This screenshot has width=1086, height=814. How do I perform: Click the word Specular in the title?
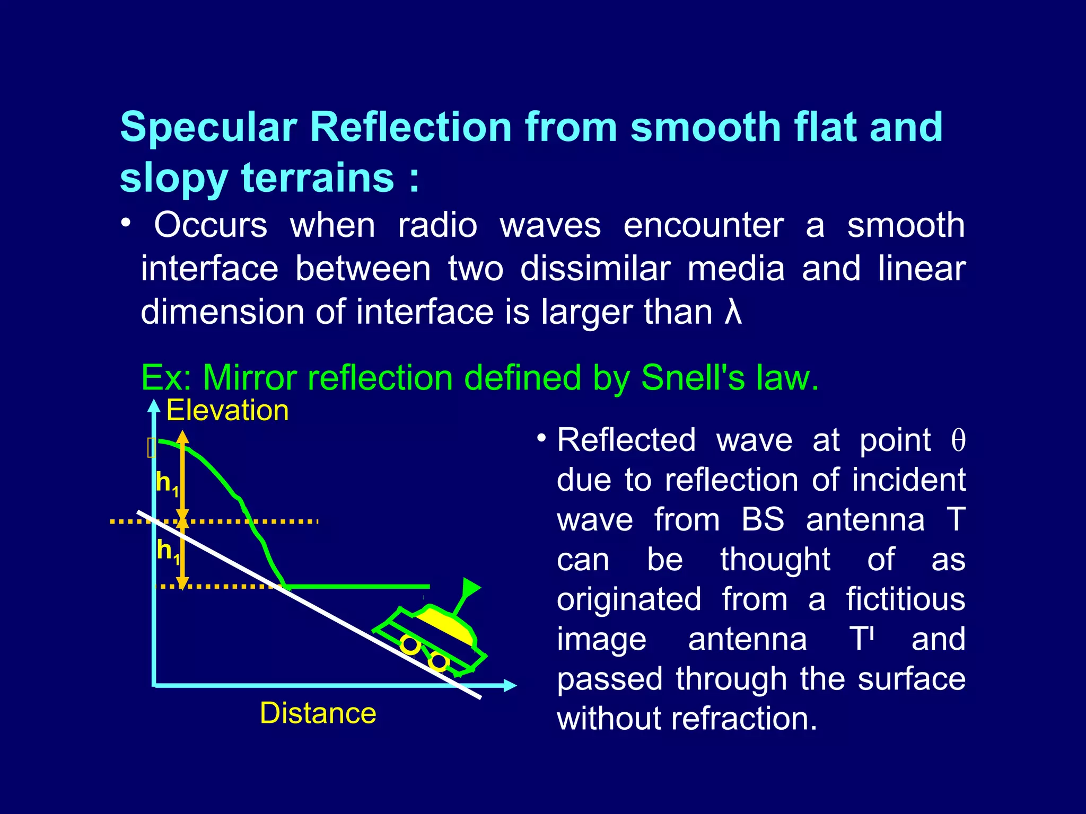(208, 128)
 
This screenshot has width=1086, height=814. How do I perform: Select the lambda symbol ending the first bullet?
(733, 312)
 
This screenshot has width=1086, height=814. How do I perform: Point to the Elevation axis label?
(227, 411)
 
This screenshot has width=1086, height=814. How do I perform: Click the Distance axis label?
(318, 713)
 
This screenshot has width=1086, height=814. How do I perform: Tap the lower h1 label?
(168, 552)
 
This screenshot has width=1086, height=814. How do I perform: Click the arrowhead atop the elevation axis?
(154, 406)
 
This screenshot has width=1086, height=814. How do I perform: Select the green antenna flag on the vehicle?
(470, 587)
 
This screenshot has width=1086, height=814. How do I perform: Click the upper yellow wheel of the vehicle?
(410, 644)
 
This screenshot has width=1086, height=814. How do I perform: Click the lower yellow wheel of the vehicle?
(439, 661)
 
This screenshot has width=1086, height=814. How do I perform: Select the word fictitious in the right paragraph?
(905, 599)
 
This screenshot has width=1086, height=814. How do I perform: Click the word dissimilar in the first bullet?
(594, 269)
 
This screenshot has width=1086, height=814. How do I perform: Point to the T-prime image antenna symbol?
(863, 639)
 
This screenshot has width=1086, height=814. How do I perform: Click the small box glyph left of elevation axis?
(151, 448)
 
